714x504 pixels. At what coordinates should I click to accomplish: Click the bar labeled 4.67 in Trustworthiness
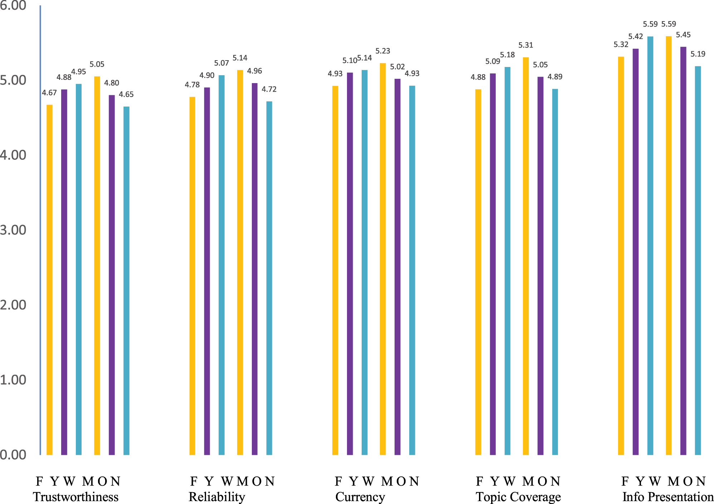49,279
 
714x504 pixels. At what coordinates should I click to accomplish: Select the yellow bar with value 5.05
97,265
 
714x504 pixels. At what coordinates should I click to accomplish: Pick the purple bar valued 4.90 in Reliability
207,271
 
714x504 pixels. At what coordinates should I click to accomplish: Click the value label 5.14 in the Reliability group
240,58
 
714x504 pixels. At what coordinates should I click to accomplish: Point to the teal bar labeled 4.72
269,278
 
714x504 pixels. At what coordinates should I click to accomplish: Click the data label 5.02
397,67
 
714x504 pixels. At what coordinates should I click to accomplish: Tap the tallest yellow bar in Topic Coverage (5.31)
525,256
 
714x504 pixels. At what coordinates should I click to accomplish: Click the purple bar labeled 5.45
683,251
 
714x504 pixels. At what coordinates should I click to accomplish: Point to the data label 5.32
621,45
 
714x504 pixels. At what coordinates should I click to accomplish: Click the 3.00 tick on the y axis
13,230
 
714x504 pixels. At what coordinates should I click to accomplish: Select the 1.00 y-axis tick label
13,380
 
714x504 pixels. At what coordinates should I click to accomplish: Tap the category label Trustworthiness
75,497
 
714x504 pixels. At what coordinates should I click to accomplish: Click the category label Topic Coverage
518,497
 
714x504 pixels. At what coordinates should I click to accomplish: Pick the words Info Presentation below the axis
667,497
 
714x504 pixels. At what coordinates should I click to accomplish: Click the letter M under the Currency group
387,481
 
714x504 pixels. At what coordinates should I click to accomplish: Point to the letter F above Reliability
194,481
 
